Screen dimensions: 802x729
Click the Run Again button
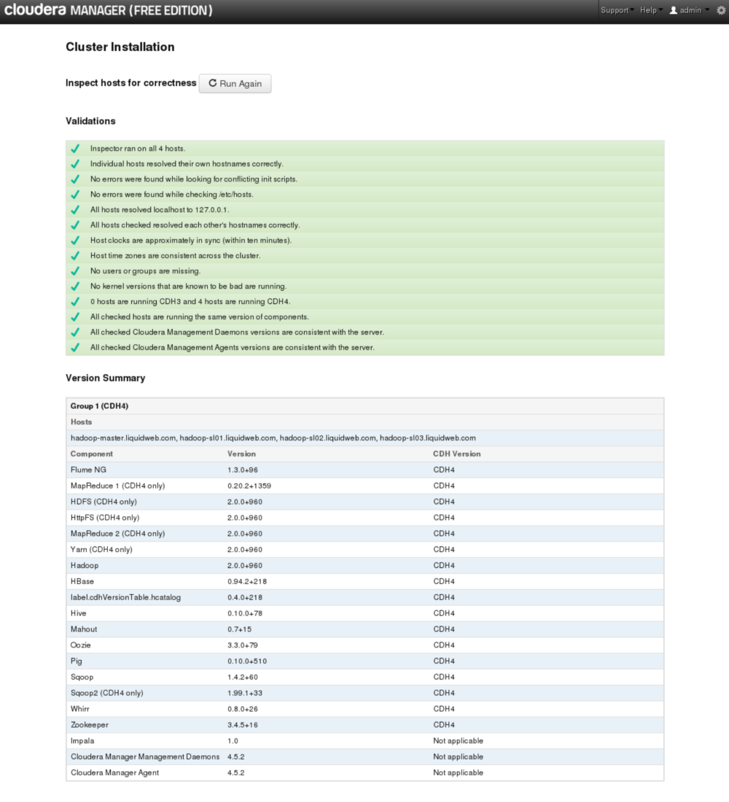(235, 84)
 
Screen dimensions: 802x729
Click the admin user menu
(689, 10)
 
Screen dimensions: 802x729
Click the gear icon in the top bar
(721, 10)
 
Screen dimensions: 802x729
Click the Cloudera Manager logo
(108, 10)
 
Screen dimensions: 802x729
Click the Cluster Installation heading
(120, 47)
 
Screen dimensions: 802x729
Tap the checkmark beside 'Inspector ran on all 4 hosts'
(74, 148)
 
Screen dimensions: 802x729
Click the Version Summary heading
(105, 378)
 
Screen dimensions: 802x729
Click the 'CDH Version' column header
(456, 453)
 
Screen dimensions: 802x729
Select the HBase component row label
(82, 581)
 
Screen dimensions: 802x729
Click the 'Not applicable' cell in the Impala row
(458, 741)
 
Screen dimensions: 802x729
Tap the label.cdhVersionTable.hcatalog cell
(125, 597)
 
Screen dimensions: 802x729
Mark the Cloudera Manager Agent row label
(114, 772)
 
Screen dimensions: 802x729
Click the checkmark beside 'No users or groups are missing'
(74, 270)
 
